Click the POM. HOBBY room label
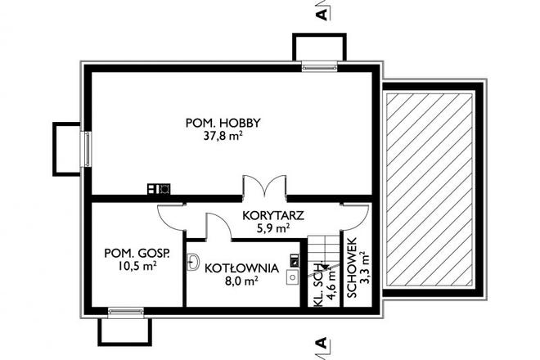click(x=223, y=123)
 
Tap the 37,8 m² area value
click(x=223, y=137)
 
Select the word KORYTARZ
click(x=273, y=216)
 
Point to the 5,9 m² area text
click(x=273, y=230)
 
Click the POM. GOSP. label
click(x=137, y=253)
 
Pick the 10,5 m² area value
click(x=137, y=266)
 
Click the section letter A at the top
click(x=322, y=14)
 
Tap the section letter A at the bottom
click(x=322, y=343)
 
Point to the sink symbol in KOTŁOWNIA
click(x=193, y=262)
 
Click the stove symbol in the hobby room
click(x=159, y=189)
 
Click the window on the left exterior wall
click(x=85, y=148)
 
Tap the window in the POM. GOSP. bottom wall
click(x=125, y=312)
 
